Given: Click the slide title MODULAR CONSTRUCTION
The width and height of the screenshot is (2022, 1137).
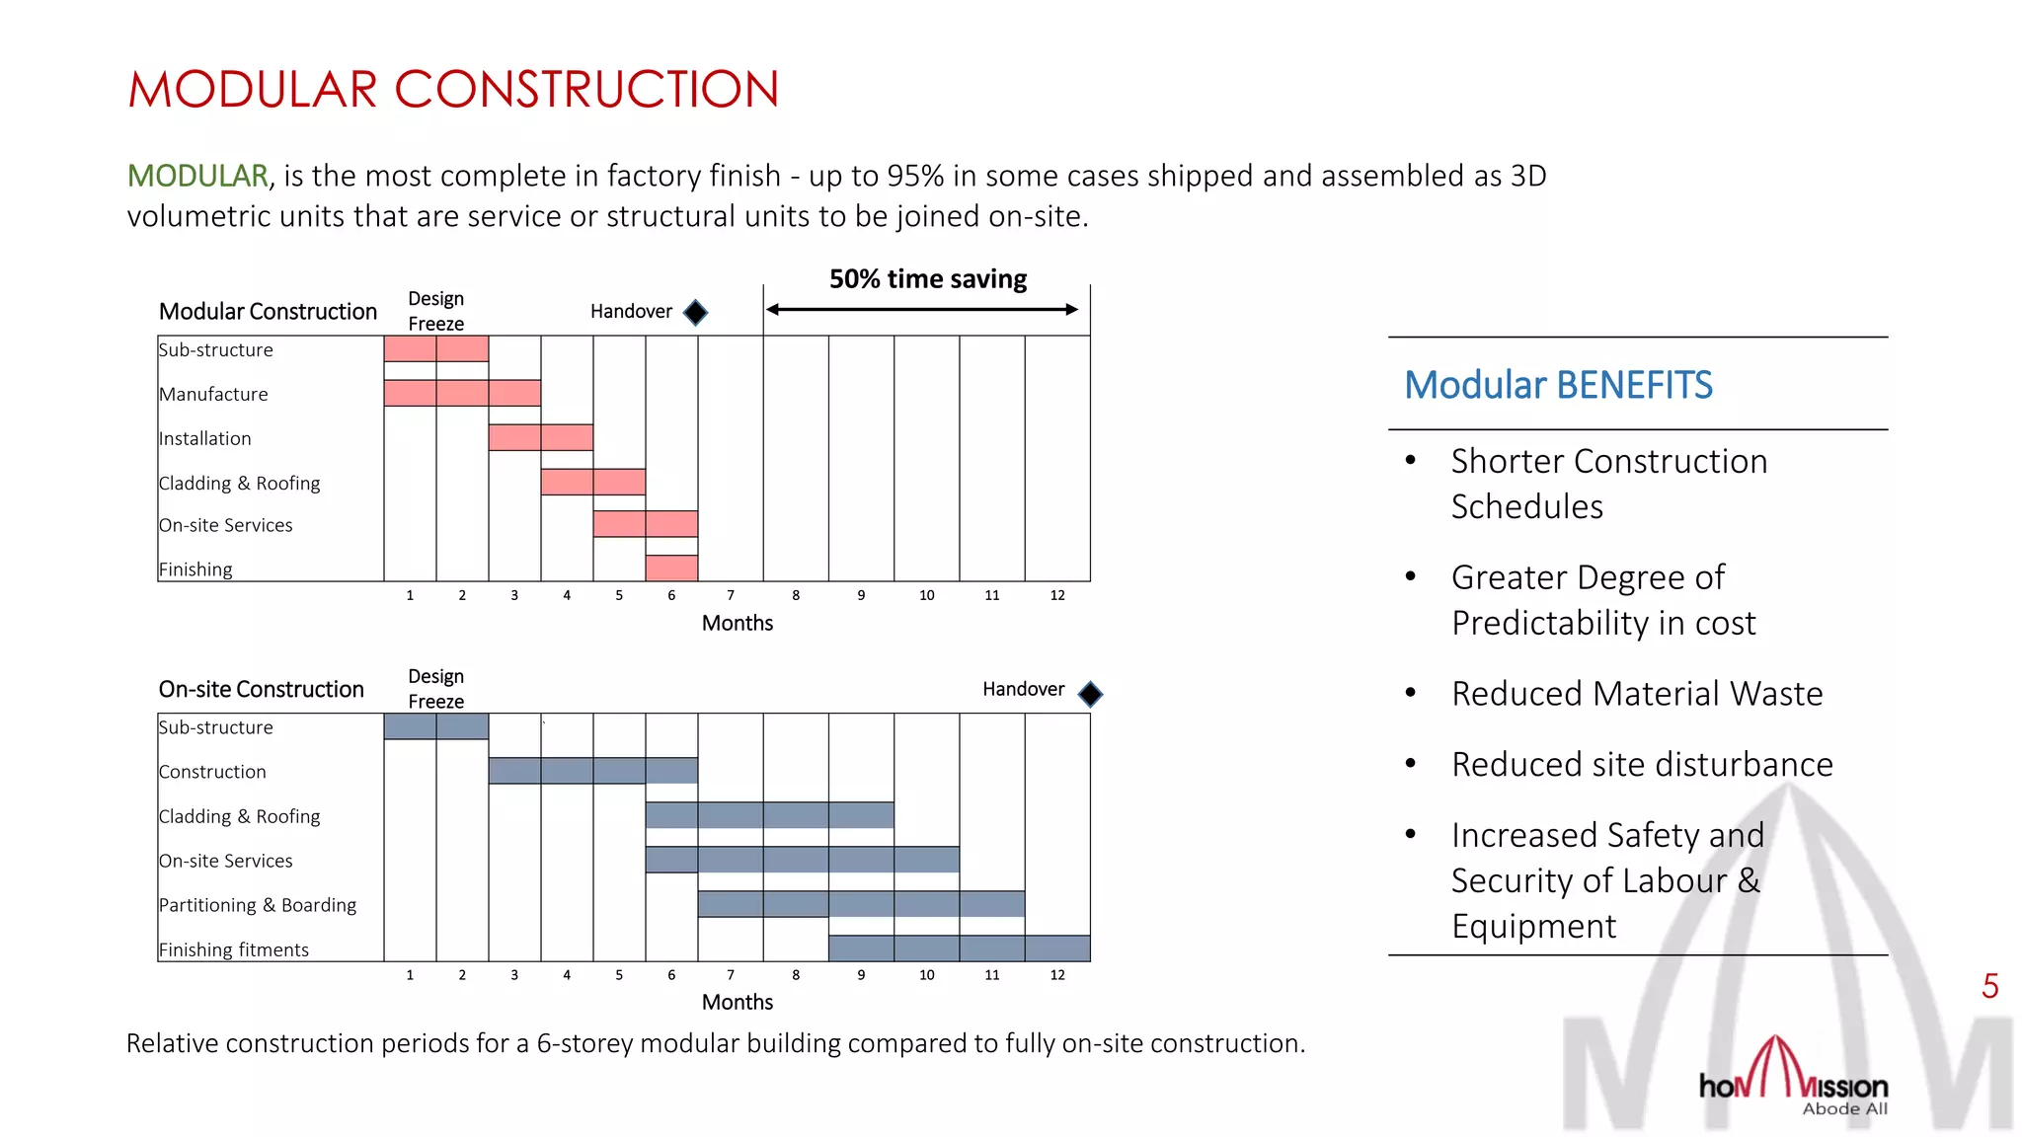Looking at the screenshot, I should pos(453,90).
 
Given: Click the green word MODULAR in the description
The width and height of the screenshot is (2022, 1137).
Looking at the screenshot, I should pos(197,176).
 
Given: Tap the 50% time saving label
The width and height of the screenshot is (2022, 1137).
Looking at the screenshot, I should pos(927,279).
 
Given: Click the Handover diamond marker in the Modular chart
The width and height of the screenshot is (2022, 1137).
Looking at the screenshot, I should pos(696,313).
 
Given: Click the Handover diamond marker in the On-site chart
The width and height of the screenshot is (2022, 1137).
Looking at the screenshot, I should pos(1090,694).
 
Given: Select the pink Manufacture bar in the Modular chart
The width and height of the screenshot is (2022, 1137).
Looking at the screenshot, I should pos(462,393).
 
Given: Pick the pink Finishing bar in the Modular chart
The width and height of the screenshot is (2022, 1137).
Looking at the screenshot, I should pos(671,568).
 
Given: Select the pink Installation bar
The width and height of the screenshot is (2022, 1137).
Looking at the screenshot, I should pos(540,437).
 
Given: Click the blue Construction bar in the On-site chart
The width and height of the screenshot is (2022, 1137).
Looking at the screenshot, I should pos(592,770).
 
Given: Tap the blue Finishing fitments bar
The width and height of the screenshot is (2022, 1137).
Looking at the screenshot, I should pos(959,948).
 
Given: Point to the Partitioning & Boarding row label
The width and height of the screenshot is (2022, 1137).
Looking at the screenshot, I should pos(258,905).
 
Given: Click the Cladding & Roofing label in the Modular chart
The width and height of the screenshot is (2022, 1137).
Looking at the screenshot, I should pos(240,483).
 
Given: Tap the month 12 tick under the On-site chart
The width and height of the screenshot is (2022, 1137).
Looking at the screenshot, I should pos(1057,975).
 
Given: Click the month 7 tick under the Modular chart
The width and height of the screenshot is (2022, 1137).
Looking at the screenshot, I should pos(731,595).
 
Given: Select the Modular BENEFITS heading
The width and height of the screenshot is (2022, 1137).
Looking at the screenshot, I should pos(1558,385).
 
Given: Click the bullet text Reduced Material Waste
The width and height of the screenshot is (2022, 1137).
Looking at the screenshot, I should pos(1636,694).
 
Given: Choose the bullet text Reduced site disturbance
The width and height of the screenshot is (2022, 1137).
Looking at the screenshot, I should pos(1641,765).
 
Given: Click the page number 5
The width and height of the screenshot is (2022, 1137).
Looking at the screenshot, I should pos(1989,986).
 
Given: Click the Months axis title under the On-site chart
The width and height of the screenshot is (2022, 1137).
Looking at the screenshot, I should pos(737,1002).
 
